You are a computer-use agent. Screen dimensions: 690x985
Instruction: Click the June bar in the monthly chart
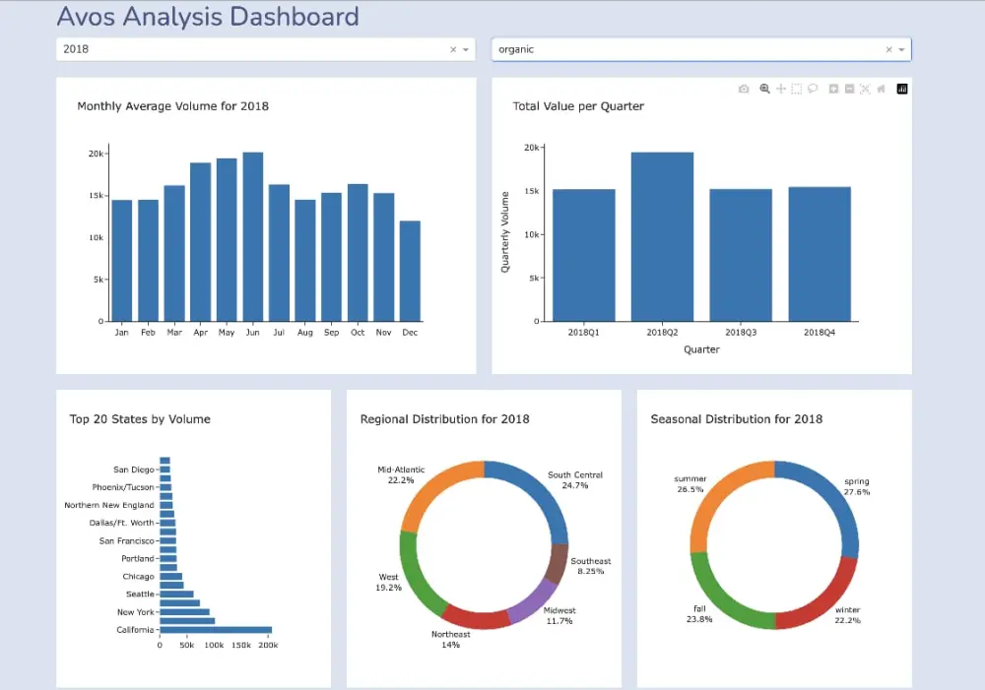[253, 236]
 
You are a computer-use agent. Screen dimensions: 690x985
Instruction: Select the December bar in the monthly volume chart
[410, 271]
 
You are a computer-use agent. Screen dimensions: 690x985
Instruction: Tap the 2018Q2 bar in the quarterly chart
[662, 236]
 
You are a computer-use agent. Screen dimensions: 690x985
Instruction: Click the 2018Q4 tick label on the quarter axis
[819, 333]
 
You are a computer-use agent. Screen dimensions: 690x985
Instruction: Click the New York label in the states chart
[135, 612]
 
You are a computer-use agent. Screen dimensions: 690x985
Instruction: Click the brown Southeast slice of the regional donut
[556, 563]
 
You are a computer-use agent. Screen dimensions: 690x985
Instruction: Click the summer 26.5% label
[689, 484]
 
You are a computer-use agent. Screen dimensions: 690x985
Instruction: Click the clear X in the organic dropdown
[888, 49]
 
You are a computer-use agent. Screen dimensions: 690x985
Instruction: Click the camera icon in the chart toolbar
[744, 89]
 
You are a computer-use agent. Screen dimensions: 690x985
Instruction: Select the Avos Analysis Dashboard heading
[208, 17]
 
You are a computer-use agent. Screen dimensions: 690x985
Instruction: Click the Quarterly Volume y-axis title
[505, 232]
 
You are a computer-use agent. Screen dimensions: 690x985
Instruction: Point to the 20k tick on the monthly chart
[96, 154]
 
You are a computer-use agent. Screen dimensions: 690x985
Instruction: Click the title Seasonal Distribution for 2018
[736, 419]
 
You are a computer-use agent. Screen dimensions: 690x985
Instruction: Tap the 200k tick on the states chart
[267, 646]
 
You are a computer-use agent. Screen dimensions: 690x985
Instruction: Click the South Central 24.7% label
[575, 480]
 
